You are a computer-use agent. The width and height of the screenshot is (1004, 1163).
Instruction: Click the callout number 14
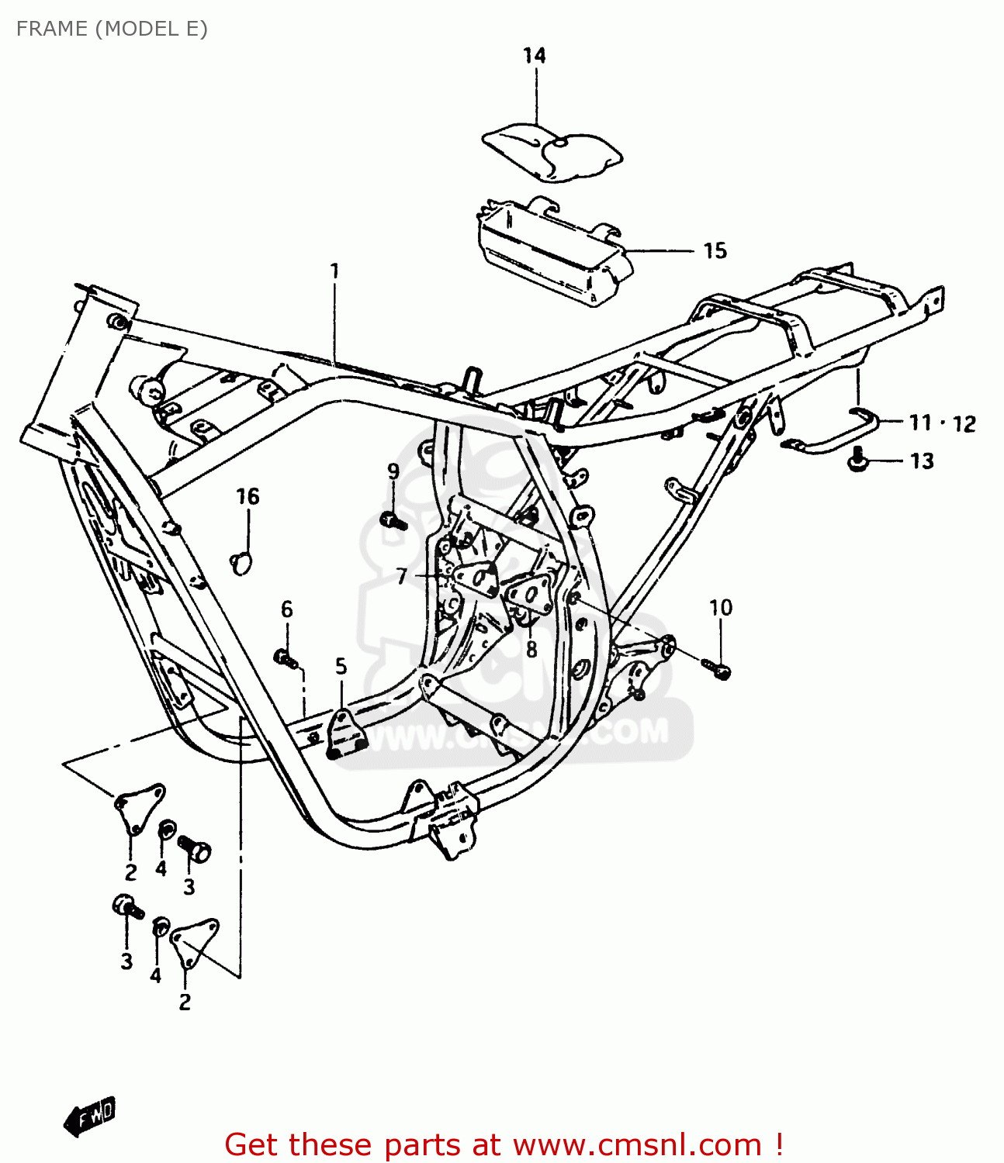tap(534, 56)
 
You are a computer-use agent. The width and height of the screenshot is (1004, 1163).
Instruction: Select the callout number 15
tap(715, 250)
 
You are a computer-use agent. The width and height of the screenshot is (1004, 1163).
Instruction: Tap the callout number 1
tap(334, 271)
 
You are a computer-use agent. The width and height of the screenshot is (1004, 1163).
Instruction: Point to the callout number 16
tap(248, 496)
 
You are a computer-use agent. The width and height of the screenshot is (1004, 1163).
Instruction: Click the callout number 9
tap(393, 471)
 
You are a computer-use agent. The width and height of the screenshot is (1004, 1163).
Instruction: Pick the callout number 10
tap(720, 607)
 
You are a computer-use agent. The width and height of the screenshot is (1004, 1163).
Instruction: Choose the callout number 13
tap(922, 461)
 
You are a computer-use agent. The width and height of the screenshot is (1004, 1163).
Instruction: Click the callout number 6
tap(287, 609)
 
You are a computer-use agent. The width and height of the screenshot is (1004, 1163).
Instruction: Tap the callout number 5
tap(341, 666)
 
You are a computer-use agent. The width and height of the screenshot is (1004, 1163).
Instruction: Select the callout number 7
tap(401, 576)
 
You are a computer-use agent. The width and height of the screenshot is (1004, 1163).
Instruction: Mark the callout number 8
tap(531, 648)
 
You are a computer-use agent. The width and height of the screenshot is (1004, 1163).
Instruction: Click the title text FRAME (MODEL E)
tap(112, 29)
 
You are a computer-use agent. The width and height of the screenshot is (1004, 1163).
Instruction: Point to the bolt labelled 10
tap(718, 668)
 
